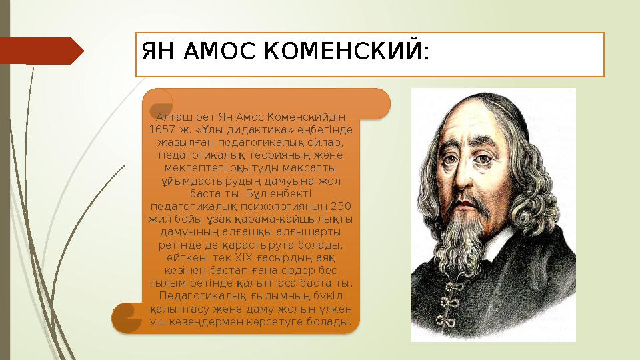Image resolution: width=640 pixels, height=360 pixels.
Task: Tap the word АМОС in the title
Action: click(x=219, y=51)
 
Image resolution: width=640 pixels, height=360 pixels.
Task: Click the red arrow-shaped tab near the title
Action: click(x=41, y=51)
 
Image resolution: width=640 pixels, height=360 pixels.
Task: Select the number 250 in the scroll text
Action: click(x=341, y=206)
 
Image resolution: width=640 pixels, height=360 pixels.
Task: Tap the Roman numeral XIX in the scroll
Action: click(x=244, y=258)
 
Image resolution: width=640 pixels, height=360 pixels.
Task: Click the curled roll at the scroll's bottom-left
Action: click(x=127, y=318)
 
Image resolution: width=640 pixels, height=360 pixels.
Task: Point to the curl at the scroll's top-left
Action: click(x=161, y=103)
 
